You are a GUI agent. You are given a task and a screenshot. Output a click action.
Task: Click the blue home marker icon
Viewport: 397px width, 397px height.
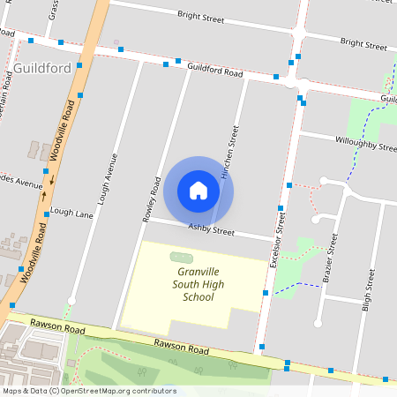[198, 191]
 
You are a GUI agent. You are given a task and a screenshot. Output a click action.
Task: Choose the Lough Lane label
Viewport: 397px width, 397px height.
[72, 213]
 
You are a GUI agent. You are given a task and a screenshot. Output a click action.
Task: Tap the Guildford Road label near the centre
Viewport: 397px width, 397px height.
[214, 71]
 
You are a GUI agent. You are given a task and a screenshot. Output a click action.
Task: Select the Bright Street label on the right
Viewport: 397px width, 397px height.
[363, 43]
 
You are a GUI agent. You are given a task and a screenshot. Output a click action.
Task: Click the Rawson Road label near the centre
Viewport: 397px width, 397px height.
[180, 348]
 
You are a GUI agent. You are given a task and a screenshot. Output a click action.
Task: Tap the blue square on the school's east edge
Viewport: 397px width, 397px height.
[266, 293]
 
